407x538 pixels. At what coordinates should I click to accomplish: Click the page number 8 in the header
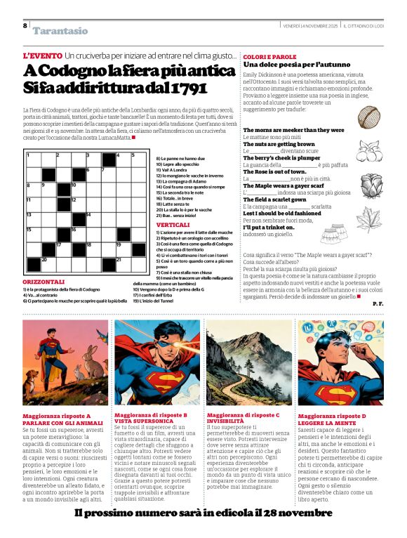[25, 26]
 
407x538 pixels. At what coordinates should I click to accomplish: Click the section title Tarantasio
[60, 31]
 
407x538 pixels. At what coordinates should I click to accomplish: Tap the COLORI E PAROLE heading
[269, 56]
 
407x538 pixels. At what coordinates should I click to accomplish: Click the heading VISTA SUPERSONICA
[142, 422]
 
